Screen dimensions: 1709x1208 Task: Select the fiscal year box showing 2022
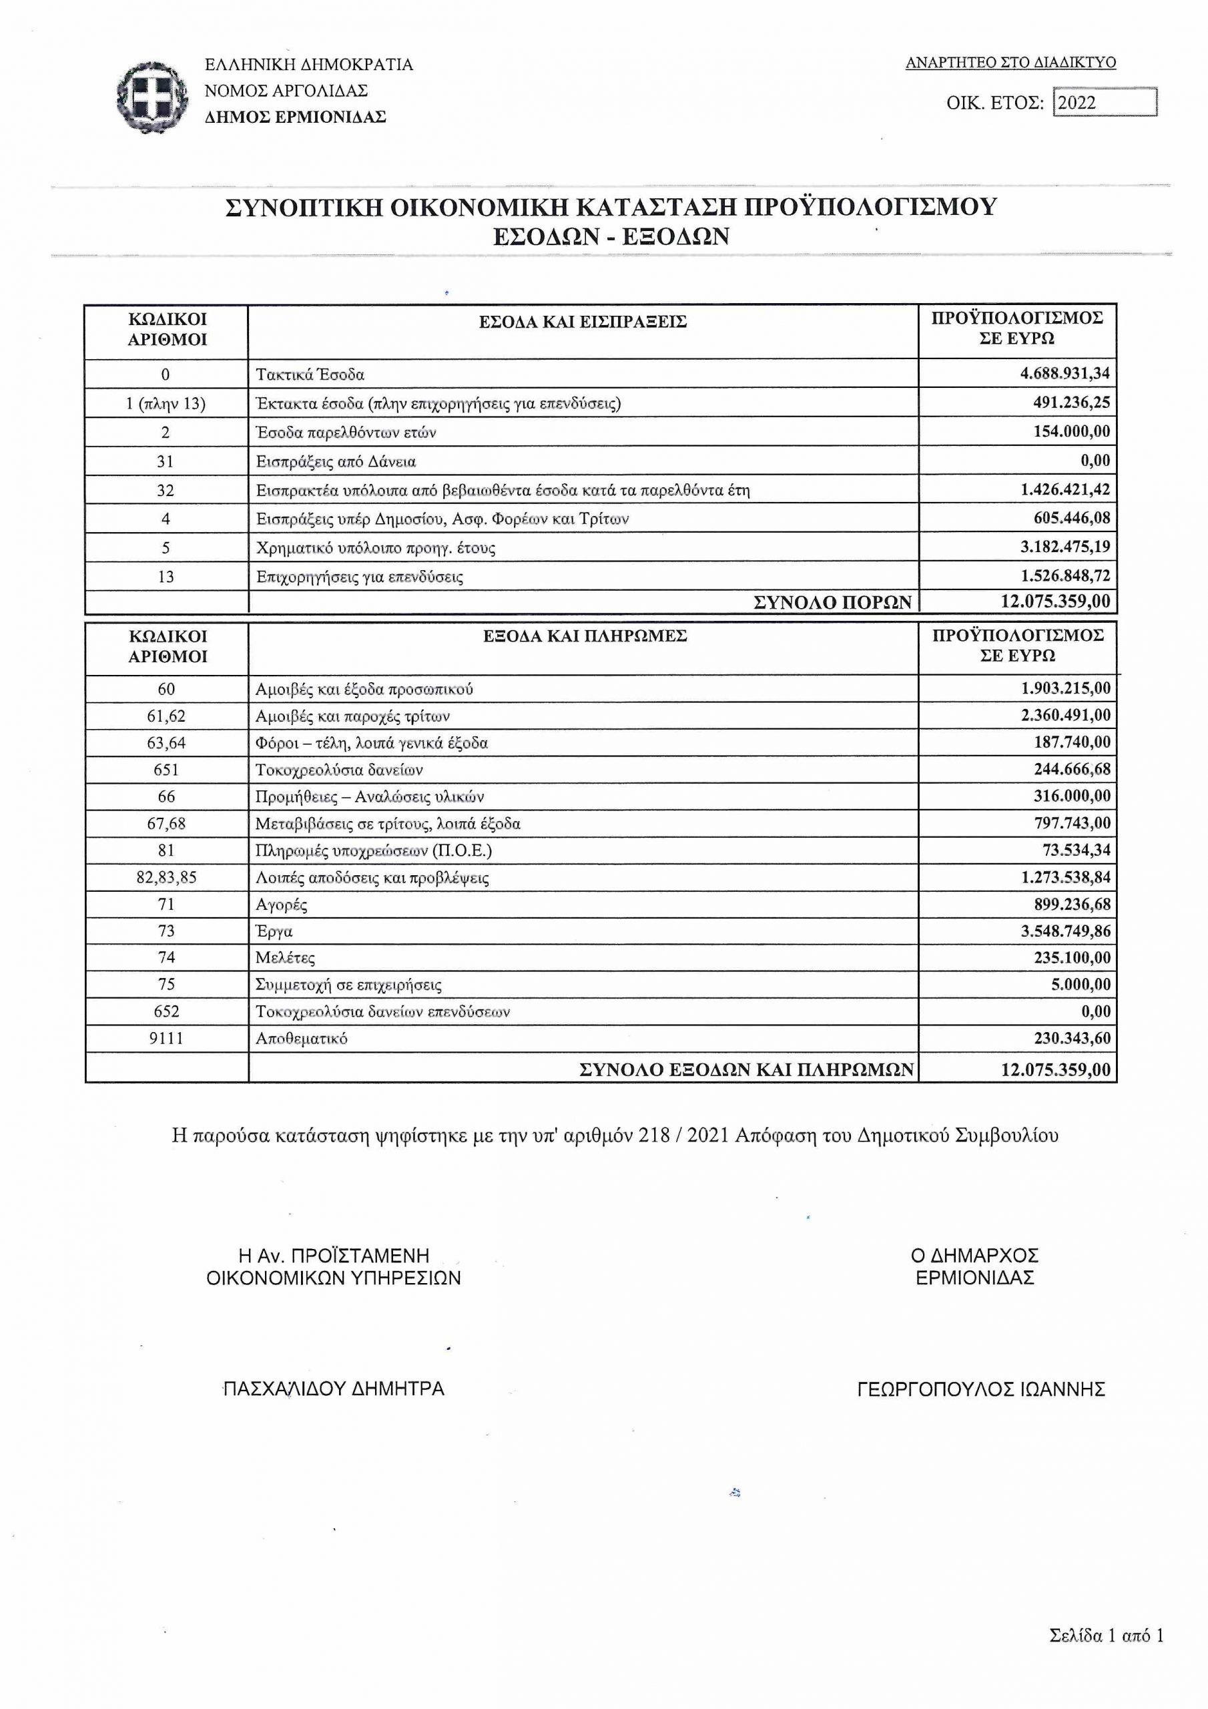[1105, 103]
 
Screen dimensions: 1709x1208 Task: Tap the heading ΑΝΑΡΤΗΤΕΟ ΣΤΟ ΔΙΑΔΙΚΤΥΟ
[1010, 63]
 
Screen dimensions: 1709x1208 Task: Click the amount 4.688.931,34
[1065, 374]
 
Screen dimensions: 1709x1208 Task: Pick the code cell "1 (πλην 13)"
[166, 403]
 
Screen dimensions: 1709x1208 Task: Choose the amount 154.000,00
[1071, 432]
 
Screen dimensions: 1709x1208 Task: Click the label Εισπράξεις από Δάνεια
[336, 461]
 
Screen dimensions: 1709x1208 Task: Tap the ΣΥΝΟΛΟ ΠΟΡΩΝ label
[832, 602]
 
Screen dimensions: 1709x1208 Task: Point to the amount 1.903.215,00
[1065, 688]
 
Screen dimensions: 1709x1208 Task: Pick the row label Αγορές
[282, 905]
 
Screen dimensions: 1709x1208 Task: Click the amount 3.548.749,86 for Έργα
[1065, 931]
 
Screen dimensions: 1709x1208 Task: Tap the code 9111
[166, 1038]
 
